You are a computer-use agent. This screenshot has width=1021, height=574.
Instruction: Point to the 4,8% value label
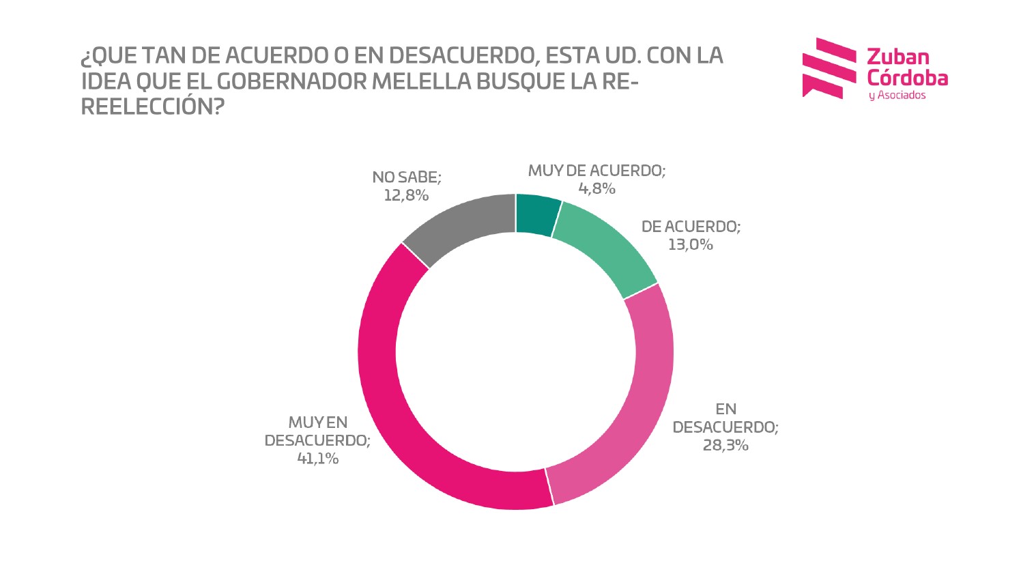596,189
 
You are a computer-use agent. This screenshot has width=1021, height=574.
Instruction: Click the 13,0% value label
690,244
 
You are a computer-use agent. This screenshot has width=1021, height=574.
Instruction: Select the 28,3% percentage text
725,446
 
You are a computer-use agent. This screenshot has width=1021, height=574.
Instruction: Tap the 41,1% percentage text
317,459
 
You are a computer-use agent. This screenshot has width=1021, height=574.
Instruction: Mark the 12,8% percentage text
406,195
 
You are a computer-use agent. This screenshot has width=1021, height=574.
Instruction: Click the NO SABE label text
407,177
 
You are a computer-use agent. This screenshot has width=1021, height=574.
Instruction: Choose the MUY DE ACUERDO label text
596,171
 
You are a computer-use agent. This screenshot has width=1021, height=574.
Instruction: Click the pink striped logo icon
827,68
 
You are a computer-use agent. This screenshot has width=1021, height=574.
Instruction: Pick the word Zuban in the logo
897,57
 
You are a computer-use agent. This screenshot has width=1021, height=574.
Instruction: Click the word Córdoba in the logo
907,77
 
